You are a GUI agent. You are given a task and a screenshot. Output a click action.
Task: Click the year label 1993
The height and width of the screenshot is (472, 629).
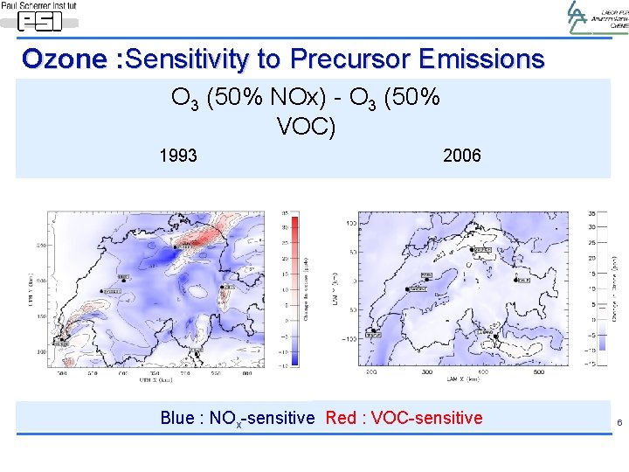pyautogui.click(x=177, y=156)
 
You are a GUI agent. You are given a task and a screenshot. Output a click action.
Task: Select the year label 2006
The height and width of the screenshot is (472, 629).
pyautogui.click(x=461, y=156)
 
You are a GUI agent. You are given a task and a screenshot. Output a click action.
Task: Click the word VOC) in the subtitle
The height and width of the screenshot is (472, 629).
pyautogui.click(x=306, y=128)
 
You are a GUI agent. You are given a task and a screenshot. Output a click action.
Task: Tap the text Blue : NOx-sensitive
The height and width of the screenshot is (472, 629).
pyautogui.click(x=237, y=418)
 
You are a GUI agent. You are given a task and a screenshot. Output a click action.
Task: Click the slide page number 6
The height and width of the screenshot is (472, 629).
pyautogui.click(x=619, y=423)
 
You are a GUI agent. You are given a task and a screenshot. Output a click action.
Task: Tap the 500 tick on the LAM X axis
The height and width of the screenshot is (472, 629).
pyautogui.click(x=538, y=371)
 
